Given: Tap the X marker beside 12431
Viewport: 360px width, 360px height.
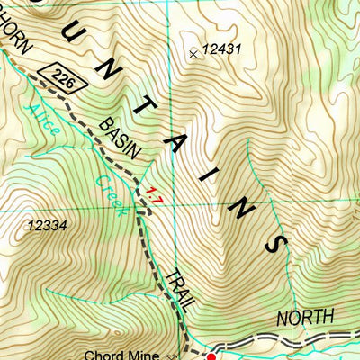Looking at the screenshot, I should tap(193, 54).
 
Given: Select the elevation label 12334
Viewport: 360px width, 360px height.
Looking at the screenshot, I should tap(48, 226).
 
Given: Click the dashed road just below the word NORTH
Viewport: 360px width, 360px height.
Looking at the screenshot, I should tap(306, 342).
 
